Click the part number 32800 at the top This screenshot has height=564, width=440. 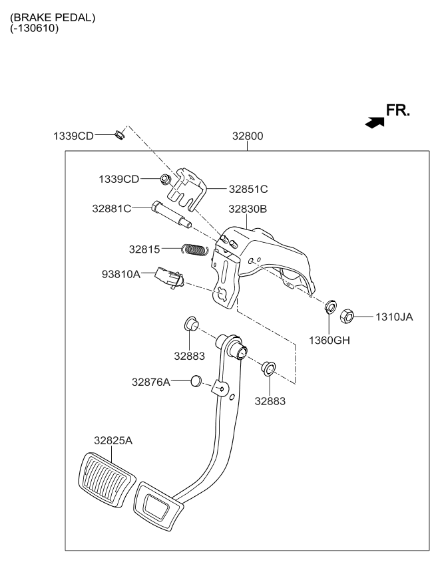(x=248, y=136)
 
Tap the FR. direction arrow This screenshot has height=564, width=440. (x=375, y=121)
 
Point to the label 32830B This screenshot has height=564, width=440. (x=248, y=209)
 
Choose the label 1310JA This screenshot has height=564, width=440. (x=393, y=317)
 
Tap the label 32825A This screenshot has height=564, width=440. (x=113, y=440)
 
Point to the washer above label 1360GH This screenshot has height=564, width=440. (x=329, y=307)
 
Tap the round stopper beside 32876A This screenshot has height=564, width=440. (x=196, y=381)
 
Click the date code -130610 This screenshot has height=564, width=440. (x=35, y=28)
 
